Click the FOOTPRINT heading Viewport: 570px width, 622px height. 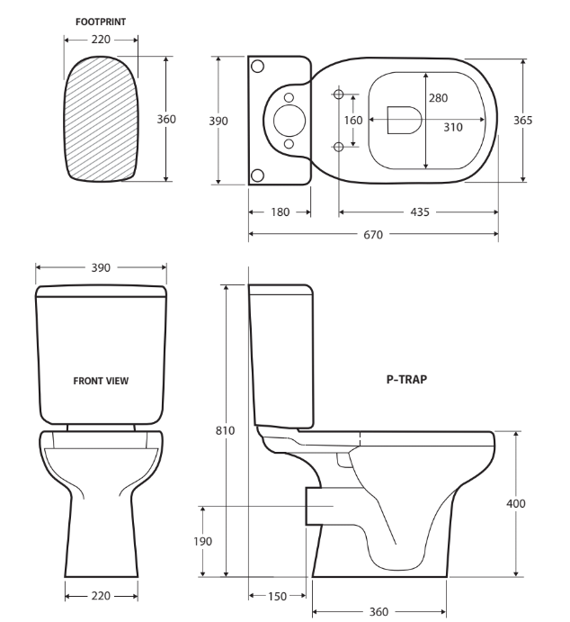click(x=100, y=19)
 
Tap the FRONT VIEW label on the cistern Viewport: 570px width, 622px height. click(x=101, y=381)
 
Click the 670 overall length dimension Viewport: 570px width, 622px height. click(x=373, y=235)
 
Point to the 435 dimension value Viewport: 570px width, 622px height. click(x=418, y=212)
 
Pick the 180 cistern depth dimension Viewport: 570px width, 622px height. click(x=280, y=212)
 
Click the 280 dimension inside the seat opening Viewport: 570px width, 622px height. click(x=438, y=98)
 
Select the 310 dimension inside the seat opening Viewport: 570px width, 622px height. click(x=452, y=127)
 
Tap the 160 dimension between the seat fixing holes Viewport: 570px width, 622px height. click(x=352, y=120)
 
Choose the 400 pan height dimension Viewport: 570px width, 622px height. click(x=516, y=503)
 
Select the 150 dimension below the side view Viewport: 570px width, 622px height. click(x=280, y=597)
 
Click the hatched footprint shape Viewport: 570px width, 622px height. click(x=101, y=118)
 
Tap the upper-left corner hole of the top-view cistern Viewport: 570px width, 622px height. click(x=257, y=67)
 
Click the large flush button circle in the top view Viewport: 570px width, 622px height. click(x=289, y=119)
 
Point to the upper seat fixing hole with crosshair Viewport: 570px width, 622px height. click(x=339, y=94)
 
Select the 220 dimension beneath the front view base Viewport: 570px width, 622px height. click(x=101, y=596)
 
